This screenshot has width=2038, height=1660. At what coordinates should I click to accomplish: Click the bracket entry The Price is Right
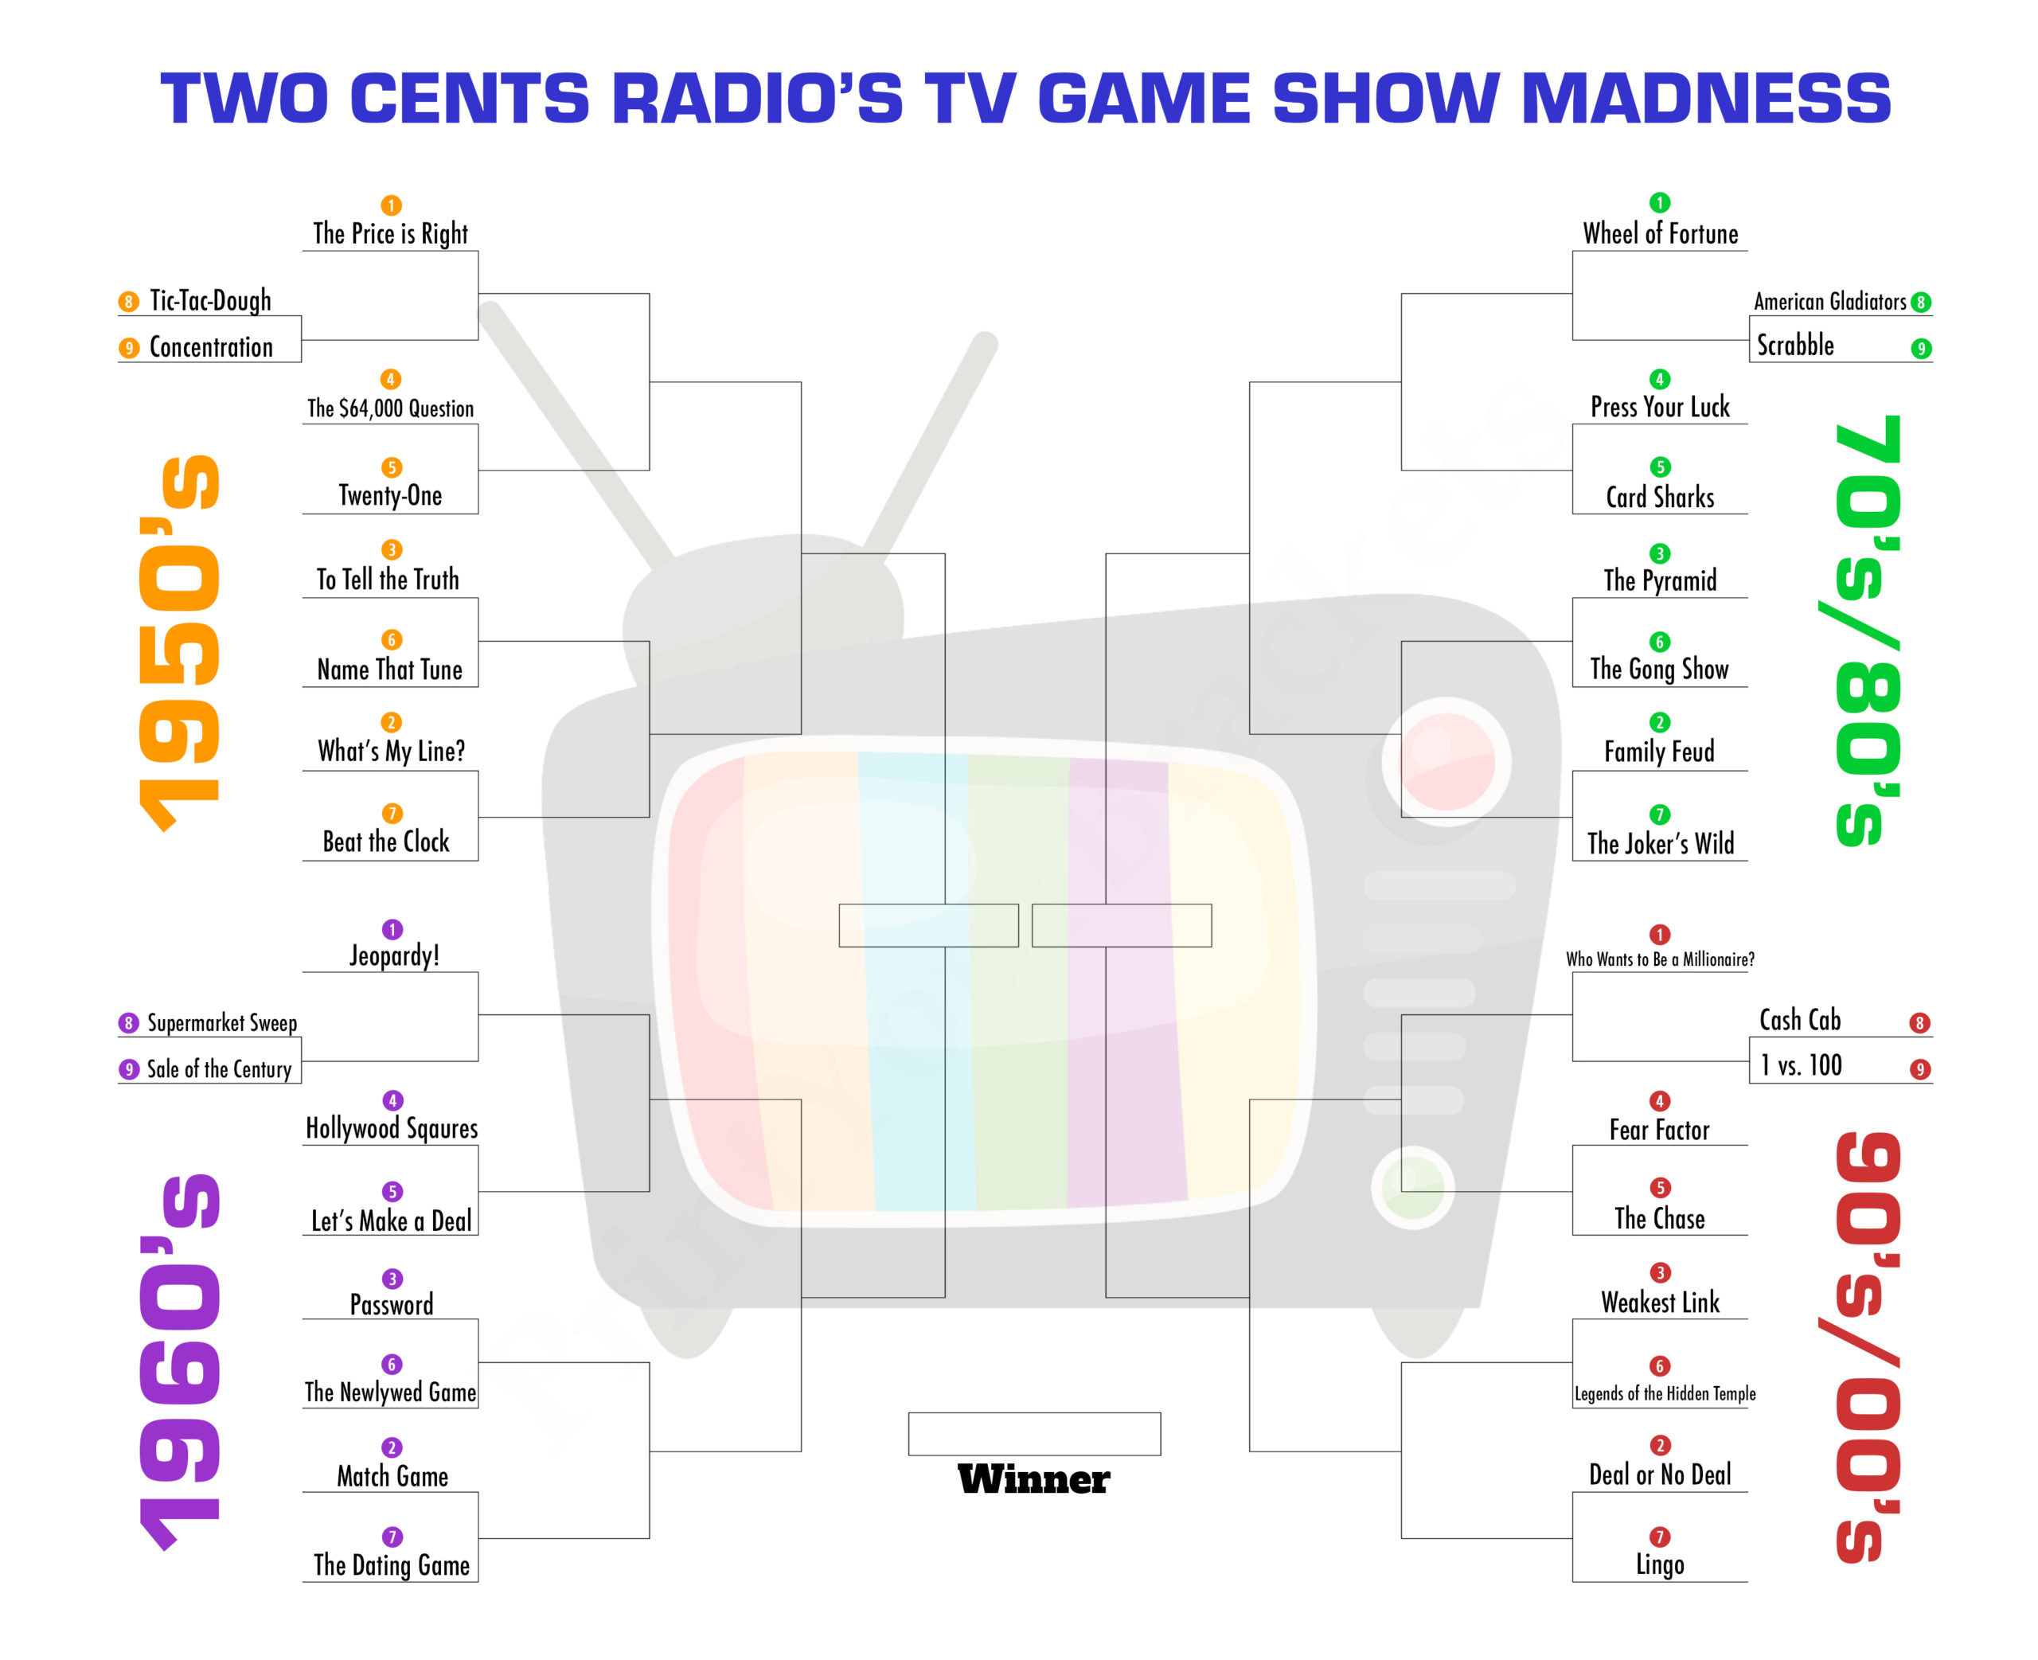coord(390,233)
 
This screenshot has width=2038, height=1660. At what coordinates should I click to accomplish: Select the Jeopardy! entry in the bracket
coord(394,955)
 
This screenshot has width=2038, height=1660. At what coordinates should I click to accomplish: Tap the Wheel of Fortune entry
coord(1660,233)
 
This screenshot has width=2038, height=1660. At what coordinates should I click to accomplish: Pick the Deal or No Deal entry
coord(1660,1474)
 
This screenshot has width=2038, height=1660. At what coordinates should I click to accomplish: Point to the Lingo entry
coord(1660,1564)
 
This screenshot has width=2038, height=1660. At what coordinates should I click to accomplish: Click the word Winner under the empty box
coord(1033,1479)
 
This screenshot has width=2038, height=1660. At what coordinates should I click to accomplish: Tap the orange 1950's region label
coord(180,643)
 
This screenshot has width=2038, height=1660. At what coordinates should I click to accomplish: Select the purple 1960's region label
coord(180,1362)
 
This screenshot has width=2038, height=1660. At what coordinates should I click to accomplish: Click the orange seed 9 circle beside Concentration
coord(128,348)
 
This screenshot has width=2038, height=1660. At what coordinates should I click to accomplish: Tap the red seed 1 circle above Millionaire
coord(1660,934)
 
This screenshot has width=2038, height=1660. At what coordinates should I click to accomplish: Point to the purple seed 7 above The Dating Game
coord(392,1537)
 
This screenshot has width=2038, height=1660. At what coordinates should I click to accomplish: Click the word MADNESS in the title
coord(1705,99)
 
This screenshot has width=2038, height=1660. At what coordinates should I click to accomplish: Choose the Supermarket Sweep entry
coord(222,1023)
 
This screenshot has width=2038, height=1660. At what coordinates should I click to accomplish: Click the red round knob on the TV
coord(1446,761)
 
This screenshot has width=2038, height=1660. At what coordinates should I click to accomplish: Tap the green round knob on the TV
coord(1413,1186)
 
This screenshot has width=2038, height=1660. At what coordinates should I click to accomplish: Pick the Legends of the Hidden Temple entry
coord(1665,1393)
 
